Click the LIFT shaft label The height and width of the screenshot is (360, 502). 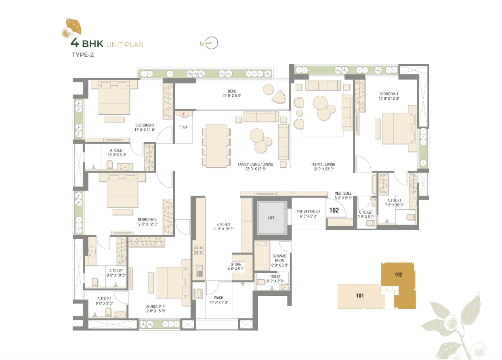click(x=271, y=218)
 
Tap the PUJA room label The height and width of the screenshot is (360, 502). click(x=183, y=127)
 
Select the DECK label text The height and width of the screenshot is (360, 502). click(x=232, y=91)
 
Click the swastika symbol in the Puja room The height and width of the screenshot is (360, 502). click(x=183, y=114)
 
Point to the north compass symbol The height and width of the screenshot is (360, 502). click(x=209, y=43)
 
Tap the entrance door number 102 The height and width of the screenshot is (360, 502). click(x=334, y=210)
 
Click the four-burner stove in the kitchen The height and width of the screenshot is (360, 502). click(x=199, y=250)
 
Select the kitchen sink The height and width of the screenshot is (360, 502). click(x=199, y=271)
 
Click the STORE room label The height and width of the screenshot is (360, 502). click(x=236, y=264)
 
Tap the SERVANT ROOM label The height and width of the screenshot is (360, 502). click(x=280, y=258)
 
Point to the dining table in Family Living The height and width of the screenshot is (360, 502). click(x=216, y=146)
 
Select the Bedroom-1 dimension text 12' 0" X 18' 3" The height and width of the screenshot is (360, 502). click(x=389, y=99)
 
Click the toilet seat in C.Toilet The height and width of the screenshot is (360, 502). click(x=370, y=223)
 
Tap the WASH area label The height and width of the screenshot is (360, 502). click(x=218, y=298)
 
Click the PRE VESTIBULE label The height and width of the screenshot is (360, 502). click(x=309, y=212)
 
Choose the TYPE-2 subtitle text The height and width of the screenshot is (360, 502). click(x=83, y=55)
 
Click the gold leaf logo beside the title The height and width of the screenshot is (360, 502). click(x=71, y=28)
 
